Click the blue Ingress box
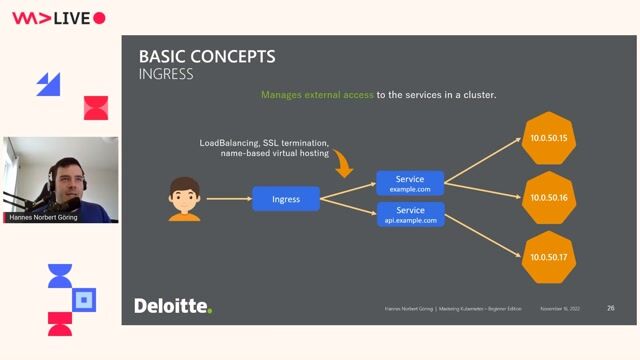pyautogui.click(x=286, y=199)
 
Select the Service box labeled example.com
pyautogui.click(x=410, y=184)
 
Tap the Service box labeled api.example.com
pyautogui.click(x=410, y=215)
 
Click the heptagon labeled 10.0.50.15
pyautogui.click(x=550, y=138)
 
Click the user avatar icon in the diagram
pyautogui.click(x=185, y=199)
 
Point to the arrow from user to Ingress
pyautogui.click(x=227, y=199)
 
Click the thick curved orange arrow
pyautogui.click(x=344, y=162)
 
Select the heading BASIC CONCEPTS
pyautogui.click(x=206, y=57)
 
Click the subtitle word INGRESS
pyautogui.click(x=166, y=74)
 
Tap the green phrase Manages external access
pyautogui.click(x=317, y=95)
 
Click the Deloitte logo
pyautogui.click(x=173, y=305)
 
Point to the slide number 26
pyautogui.click(x=610, y=308)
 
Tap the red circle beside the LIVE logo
pyautogui.click(x=99, y=18)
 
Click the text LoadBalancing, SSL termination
pyautogui.click(x=264, y=143)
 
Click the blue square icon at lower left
pyautogui.click(x=85, y=299)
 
